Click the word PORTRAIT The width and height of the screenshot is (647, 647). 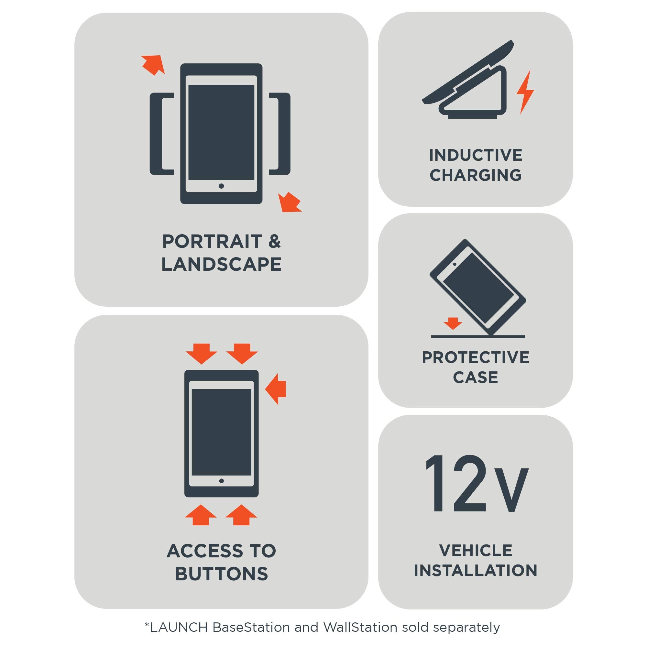[x=212, y=241]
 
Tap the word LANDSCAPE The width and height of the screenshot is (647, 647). [x=221, y=265]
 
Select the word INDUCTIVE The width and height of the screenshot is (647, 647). [x=475, y=155]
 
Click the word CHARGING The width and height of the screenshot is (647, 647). [x=475, y=175]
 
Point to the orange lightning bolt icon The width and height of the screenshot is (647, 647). [x=525, y=93]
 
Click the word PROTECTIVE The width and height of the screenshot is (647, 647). [x=475, y=357]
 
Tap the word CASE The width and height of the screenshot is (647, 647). [x=475, y=378]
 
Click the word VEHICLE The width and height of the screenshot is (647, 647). [x=475, y=551]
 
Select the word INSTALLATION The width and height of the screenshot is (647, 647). [x=475, y=571]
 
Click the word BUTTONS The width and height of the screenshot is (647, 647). [x=221, y=574]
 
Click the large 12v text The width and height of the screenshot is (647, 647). [x=476, y=484]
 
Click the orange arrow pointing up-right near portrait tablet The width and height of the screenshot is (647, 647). [x=154, y=65]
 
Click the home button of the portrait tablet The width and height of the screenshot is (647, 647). [x=221, y=186]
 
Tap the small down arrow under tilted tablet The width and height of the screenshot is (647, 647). [x=453, y=323]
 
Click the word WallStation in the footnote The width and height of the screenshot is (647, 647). [x=360, y=627]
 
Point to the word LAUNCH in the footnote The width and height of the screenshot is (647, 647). [x=179, y=627]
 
